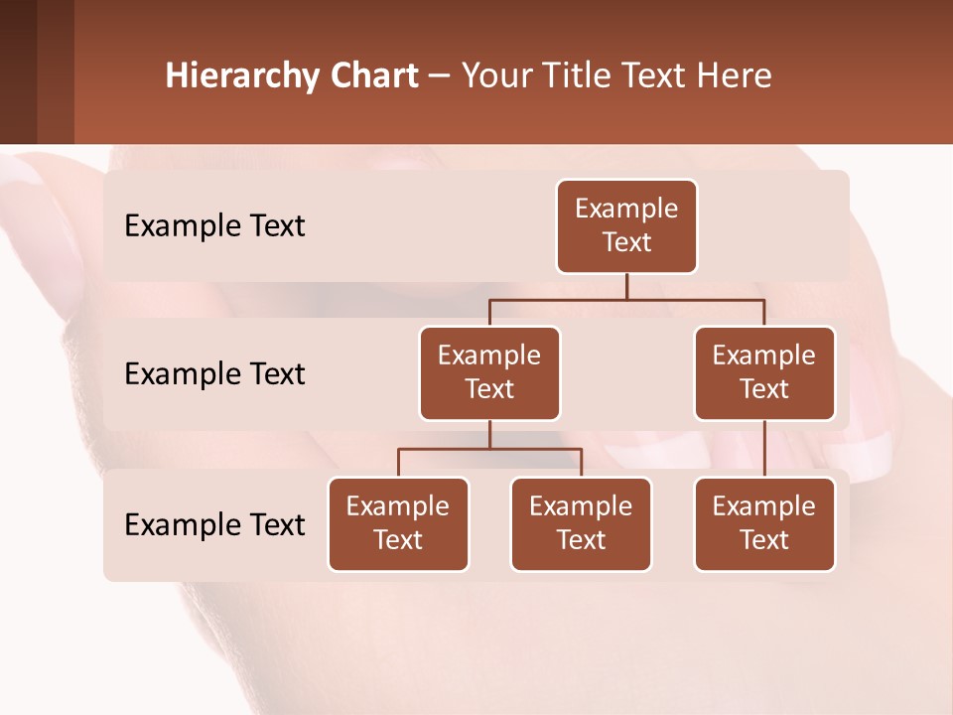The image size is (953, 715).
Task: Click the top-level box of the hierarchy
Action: pyautogui.click(x=626, y=225)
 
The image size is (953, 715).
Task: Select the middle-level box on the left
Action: pyautogui.click(x=489, y=372)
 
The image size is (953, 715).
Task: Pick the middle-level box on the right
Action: pyautogui.click(x=764, y=372)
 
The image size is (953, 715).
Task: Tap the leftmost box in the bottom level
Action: pyautogui.click(x=398, y=523)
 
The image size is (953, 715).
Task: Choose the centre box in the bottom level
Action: pyautogui.click(x=581, y=523)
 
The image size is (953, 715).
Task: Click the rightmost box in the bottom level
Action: pyautogui.click(x=764, y=523)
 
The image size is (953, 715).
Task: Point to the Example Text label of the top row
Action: pyautogui.click(x=214, y=226)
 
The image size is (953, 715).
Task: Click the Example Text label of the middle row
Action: pyautogui.click(x=214, y=374)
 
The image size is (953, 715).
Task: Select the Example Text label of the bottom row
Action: pyautogui.click(x=214, y=524)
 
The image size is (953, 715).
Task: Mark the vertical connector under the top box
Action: pyautogui.click(x=626, y=286)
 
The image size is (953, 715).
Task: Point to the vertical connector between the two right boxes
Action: pyautogui.click(x=764, y=449)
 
